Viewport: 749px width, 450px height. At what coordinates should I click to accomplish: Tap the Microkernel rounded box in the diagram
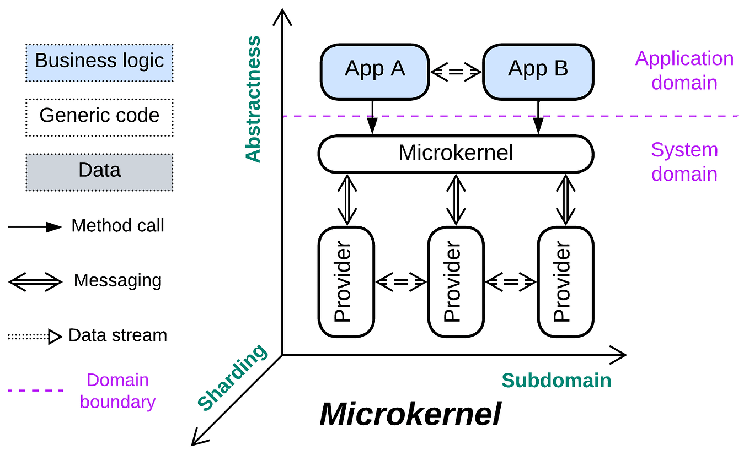click(x=456, y=153)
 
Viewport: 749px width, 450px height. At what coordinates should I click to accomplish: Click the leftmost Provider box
click(x=346, y=281)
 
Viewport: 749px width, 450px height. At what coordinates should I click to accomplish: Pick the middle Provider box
click(x=456, y=281)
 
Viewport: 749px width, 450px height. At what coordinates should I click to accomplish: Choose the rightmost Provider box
click(x=565, y=281)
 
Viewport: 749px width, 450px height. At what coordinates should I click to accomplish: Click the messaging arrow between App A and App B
click(x=456, y=71)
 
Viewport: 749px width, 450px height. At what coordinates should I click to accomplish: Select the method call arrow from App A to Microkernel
click(x=373, y=117)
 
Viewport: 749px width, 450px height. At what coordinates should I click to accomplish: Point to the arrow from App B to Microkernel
click(x=538, y=117)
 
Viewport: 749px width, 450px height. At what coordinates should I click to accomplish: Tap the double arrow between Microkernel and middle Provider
click(x=456, y=199)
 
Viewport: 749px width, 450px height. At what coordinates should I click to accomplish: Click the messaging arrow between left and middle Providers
click(x=401, y=282)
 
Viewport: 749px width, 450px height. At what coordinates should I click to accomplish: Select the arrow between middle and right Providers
click(x=511, y=282)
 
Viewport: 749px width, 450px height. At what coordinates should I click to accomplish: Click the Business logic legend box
click(x=99, y=61)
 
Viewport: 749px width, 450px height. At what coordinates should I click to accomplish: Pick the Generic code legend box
click(x=99, y=116)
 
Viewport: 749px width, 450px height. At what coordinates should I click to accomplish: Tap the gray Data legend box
click(x=99, y=170)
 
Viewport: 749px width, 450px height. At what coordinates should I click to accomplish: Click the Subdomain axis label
click(x=556, y=381)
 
